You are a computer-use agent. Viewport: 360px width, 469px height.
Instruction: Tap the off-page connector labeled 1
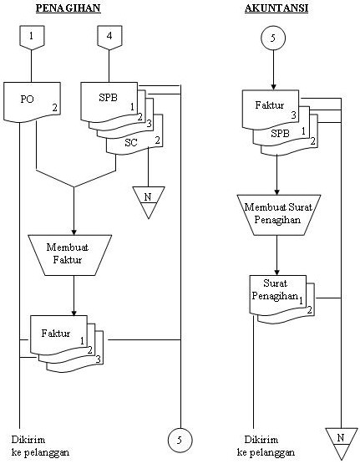pos(31,38)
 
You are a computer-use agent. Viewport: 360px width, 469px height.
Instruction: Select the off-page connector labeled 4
pos(109,38)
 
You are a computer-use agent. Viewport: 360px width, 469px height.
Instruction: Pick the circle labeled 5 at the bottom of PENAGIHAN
pos(180,438)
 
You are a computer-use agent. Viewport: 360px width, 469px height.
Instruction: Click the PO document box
pos(34,102)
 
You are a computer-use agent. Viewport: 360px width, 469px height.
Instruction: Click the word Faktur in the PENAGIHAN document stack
pos(57,334)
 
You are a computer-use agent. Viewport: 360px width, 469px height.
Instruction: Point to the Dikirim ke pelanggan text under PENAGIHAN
pos(40,446)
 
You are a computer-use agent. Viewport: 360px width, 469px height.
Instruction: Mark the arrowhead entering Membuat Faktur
pos(74,229)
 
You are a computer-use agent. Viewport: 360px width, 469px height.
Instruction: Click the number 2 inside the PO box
pos(54,108)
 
